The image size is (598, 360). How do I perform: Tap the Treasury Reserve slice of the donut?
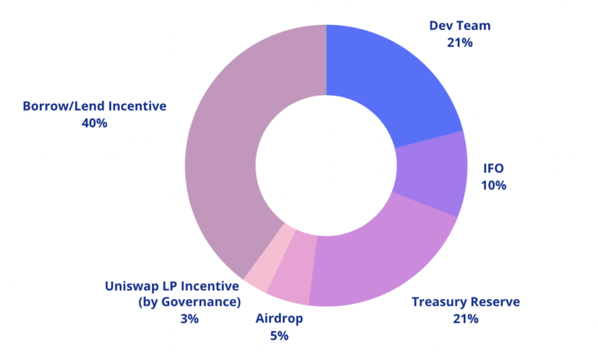381,259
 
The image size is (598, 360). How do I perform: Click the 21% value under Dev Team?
460,42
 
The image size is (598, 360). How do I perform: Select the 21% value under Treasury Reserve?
465,319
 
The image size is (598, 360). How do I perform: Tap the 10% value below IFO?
493,185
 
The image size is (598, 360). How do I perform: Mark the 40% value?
94,123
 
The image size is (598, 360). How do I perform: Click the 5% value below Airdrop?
279,336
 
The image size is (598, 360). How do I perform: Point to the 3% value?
189,319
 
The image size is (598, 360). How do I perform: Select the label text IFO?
493,168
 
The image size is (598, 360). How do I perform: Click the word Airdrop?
279,319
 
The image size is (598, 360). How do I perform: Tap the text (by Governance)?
189,302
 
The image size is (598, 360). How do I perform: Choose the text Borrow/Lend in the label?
56,106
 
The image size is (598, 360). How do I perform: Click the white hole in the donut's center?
326,165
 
